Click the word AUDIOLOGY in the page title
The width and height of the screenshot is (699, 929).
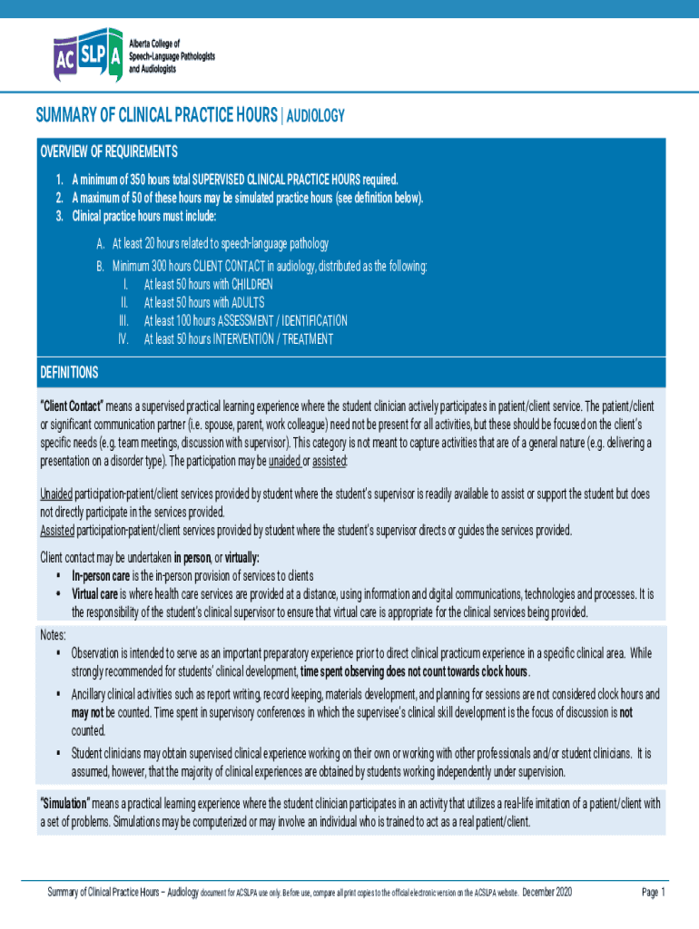point(316,116)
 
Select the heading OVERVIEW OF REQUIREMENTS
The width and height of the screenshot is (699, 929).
point(108,151)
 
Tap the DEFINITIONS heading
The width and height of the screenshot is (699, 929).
point(69,373)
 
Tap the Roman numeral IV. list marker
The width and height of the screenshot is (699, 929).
point(123,339)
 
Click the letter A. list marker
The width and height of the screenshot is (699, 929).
point(101,244)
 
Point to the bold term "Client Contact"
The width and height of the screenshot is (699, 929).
point(73,405)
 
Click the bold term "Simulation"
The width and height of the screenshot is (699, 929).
point(64,804)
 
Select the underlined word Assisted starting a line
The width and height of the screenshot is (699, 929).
point(57,530)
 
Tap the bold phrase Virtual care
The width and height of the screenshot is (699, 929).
point(94,593)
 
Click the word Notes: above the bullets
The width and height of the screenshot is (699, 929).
point(54,633)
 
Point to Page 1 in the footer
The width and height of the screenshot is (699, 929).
point(654,893)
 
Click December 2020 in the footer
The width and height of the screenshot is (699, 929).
point(547,893)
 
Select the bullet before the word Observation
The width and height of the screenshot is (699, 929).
point(58,652)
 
